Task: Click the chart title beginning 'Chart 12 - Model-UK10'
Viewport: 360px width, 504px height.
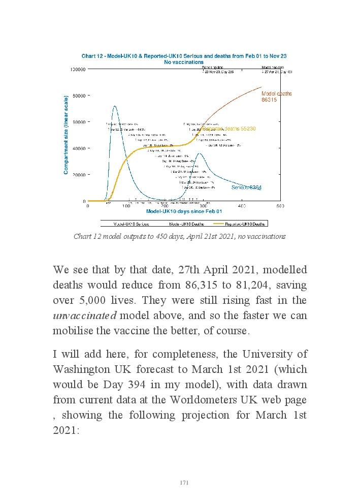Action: (x=184, y=56)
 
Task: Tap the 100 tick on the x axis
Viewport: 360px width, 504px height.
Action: (x=126, y=206)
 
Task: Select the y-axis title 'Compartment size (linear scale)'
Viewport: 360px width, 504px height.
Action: (x=66, y=135)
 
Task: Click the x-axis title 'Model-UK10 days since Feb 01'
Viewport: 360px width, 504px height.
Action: (x=184, y=211)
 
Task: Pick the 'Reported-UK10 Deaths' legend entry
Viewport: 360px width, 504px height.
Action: (x=240, y=223)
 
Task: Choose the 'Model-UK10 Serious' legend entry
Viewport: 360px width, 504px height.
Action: (x=127, y=223)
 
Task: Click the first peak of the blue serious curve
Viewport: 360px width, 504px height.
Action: (x=115, y=106)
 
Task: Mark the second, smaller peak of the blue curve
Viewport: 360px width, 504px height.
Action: (x=200, y=153)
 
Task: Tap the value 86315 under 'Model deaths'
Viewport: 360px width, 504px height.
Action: (x=269, y=100)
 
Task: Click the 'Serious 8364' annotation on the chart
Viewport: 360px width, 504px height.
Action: (x=246, y=187)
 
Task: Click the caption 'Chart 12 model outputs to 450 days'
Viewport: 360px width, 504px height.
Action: (x=179, y=236)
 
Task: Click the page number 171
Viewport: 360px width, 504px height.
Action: (x=184, y=483)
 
